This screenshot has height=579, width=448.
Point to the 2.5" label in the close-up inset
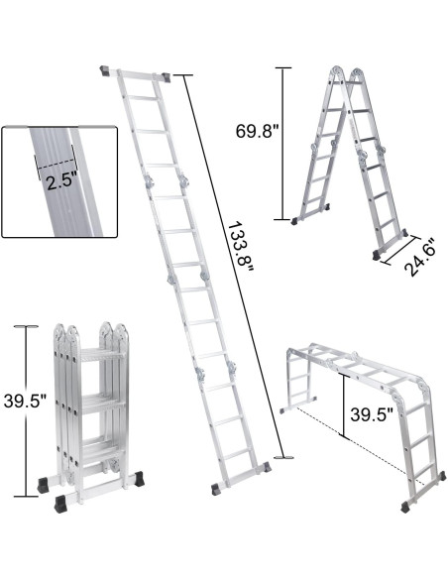click(56, 178)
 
